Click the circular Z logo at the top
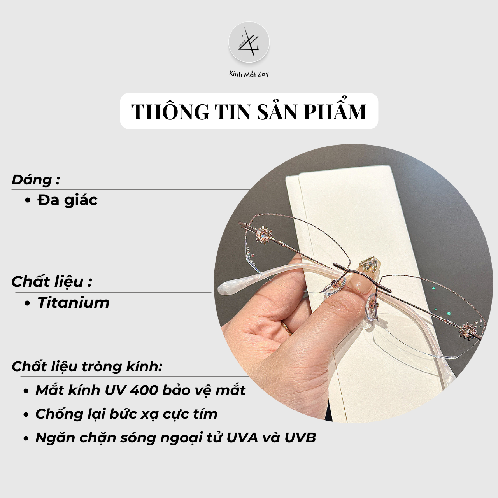pos(249,42)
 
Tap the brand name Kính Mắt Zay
pos(249,74)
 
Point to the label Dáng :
pos(36,180)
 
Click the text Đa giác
pos(67,200)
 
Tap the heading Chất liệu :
pos(52,281)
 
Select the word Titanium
pos(74,302)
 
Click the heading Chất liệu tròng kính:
pos(87,366)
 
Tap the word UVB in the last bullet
pos(300,438)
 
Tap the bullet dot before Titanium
pos(27,303)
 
